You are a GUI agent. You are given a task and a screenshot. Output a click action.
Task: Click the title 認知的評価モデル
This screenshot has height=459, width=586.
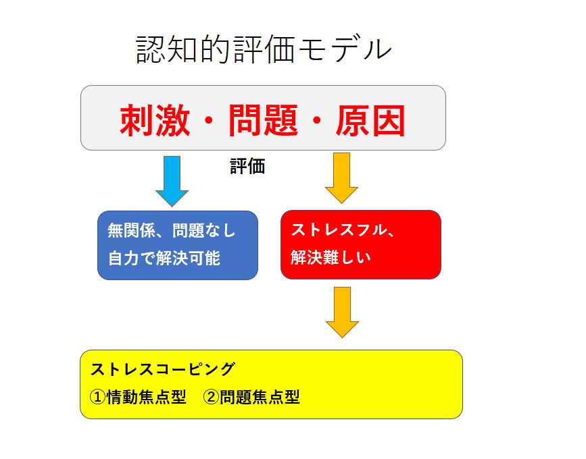tap(264, 49)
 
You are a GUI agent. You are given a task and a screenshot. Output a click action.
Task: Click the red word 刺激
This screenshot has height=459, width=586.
tap(155, 120)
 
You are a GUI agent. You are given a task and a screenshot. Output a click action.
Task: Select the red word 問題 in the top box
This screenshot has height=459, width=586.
tap(263, 120)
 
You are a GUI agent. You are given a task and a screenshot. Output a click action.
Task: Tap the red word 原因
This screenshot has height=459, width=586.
tap(370, 120)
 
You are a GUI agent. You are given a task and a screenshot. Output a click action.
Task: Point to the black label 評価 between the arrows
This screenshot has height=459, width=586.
tap(247, 166)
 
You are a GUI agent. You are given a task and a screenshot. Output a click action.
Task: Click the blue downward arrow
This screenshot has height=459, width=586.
tap(172, 182)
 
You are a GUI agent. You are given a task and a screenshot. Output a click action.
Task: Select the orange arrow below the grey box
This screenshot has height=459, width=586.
tap(341, 178)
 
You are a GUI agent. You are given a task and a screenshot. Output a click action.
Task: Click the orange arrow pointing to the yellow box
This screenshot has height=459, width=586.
tap(342, 313)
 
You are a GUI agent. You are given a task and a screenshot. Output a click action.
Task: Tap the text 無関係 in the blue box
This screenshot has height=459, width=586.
tap(131, 230)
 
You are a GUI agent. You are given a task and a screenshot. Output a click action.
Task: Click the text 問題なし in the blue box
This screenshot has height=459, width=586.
tap(203, 230)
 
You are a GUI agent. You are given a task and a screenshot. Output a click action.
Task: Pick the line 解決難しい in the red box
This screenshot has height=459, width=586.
tap(331, 257)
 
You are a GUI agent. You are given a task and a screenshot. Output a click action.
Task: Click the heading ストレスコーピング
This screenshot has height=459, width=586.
tap(163, 369)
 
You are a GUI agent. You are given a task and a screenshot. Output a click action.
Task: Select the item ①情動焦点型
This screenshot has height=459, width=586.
tap(138, 397)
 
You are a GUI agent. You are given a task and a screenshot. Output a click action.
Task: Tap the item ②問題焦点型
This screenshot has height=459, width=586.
tap(251, 397)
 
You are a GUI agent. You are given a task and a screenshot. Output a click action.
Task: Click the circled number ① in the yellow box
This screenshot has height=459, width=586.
tap(98, 397)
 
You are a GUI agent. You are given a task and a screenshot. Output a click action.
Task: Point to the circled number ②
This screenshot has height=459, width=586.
tap(212, 397)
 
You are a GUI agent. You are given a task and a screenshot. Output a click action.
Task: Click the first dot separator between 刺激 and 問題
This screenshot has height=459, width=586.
tap(209, 120)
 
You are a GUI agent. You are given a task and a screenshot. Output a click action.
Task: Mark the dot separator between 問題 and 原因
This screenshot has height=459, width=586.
tap(317, 120)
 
